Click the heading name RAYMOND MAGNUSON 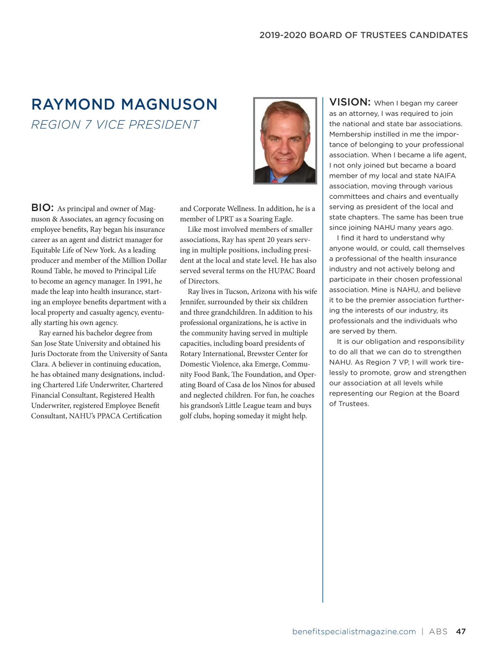(x=124, y=104)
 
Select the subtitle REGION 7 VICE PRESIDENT (x=115, y=125)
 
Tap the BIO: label (x=42, y=208)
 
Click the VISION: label (x=350, y=102)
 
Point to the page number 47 (x=461, y=631)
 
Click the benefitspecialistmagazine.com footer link (x=354, y=631)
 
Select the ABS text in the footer (x=438, y=631)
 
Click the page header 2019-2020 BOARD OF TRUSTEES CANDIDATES (x=363, y=35)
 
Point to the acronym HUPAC (x=281, y=271)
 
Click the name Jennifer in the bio (x=193, y=302)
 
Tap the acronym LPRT (x=224, y=219)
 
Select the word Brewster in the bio (x=262, y=354)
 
